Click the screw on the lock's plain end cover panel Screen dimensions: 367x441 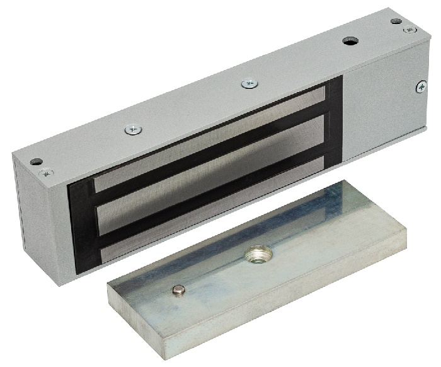(419, 87)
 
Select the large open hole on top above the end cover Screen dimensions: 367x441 (350, 41)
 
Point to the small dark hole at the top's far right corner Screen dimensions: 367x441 (396, 21)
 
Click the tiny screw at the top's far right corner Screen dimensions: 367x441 (409, 29)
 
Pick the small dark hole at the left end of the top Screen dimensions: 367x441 (36, 161)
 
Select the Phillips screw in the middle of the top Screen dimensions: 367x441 (248, 83)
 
